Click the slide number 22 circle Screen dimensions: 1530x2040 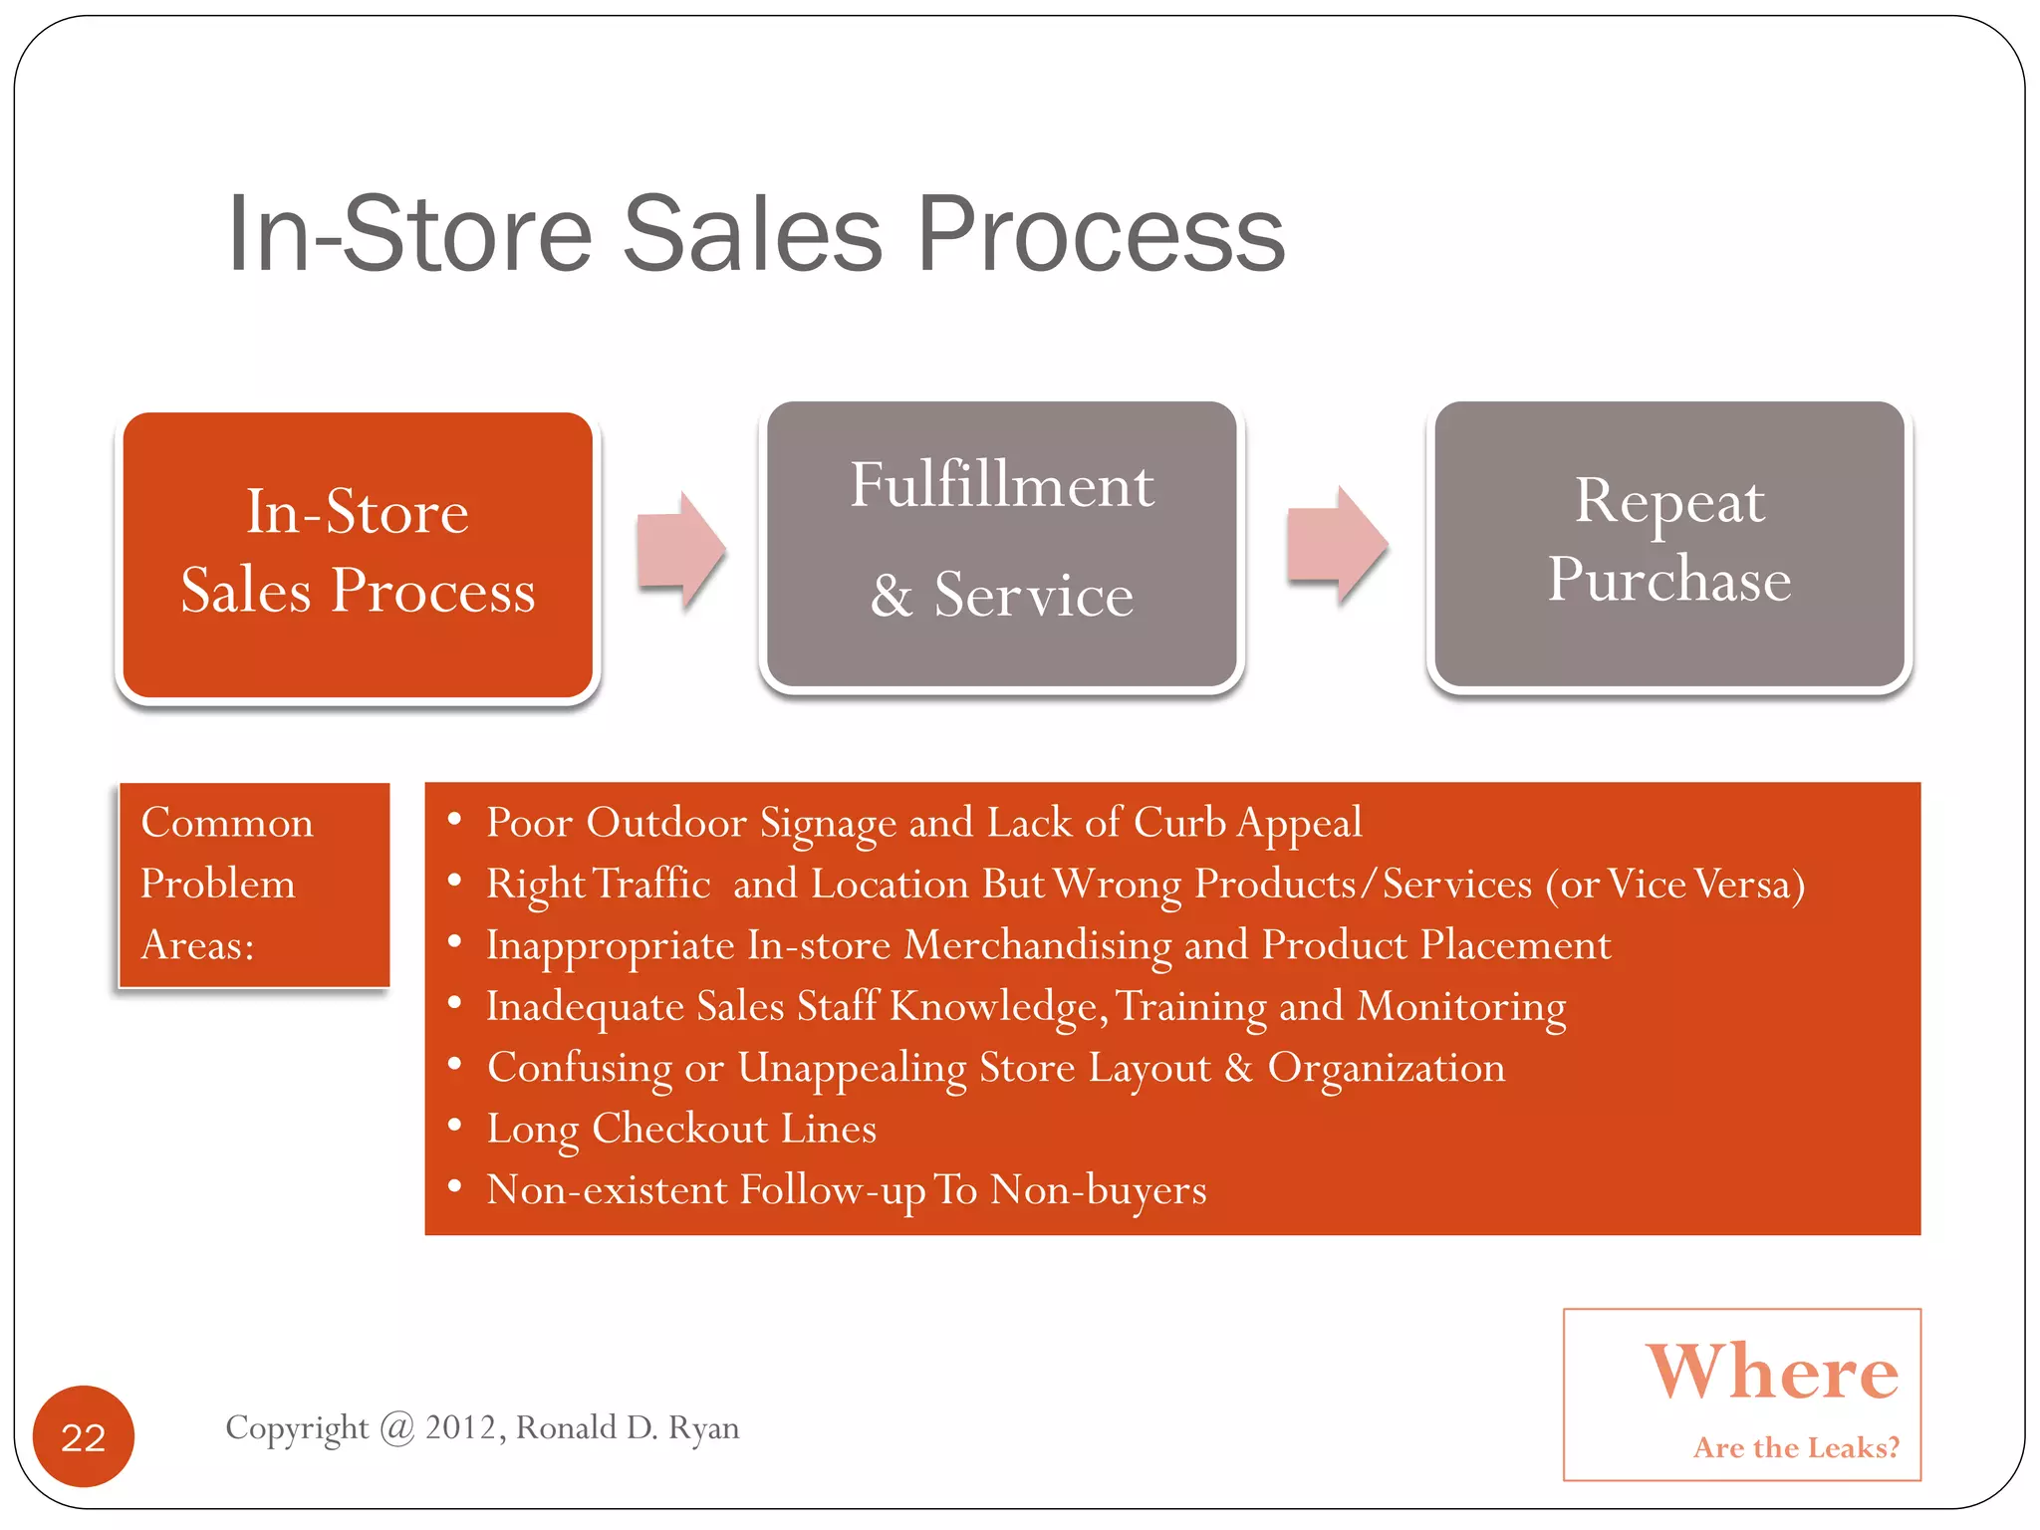click(x=84, y=1436)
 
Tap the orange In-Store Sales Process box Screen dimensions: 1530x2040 click(x=358, y=555)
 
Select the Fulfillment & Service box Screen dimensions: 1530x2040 click(x=1001, y=544)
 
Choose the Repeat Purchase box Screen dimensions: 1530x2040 click(x=1669, y=544)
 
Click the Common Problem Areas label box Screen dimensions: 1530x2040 click(x=254, y=885)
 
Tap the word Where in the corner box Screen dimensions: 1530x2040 click(x=1772, y=1372)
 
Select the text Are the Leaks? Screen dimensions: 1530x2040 click(x=1796, y=1447)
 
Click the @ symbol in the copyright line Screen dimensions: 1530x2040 click(x=396, y=1428)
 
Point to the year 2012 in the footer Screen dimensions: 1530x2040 click(x=460, y=1427)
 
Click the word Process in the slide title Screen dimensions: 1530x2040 click(x=1101, y=234)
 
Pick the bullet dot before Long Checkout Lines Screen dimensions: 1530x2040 click(x=454, y=1127)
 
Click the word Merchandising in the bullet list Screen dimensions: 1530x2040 click(x=1037, y=945)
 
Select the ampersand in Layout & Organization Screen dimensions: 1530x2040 click(x=1238, y=1068)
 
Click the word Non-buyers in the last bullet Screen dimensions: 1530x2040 click(x=1098, y=1190)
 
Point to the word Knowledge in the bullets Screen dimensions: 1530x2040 click(x=997, y=1007)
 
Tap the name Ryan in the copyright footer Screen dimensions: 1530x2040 click(x=703, y=1428)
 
